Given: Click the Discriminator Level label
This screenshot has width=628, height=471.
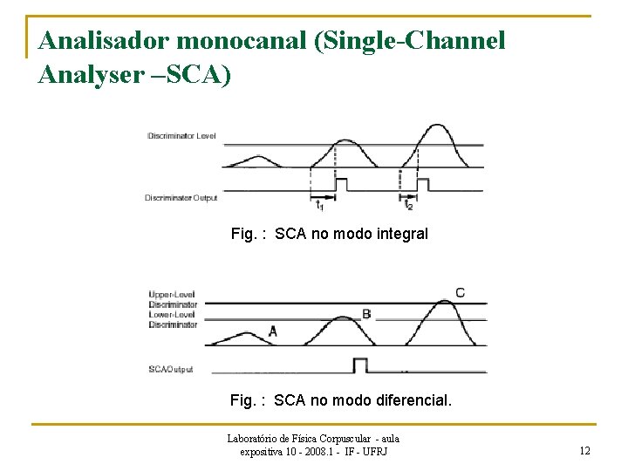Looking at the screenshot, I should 181,136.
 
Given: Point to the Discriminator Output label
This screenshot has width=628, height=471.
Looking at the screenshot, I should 181,198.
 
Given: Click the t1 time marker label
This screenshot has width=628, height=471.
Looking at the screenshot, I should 319,205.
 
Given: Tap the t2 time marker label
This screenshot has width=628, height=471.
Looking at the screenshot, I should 407,205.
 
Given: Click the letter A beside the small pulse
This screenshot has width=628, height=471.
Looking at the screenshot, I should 273,331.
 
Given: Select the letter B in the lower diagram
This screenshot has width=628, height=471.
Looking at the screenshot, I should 366,314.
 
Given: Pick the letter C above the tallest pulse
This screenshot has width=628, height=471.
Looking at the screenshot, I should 460,292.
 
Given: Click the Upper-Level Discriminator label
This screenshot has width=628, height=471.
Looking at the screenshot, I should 173,300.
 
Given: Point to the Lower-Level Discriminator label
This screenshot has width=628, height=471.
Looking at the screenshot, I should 173,319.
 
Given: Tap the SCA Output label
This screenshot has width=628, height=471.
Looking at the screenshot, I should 172,369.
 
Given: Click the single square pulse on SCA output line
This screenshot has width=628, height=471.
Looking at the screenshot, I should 360,364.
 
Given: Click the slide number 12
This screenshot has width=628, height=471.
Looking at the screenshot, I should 584,450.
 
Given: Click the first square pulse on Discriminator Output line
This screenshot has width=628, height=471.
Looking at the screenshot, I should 342,185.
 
